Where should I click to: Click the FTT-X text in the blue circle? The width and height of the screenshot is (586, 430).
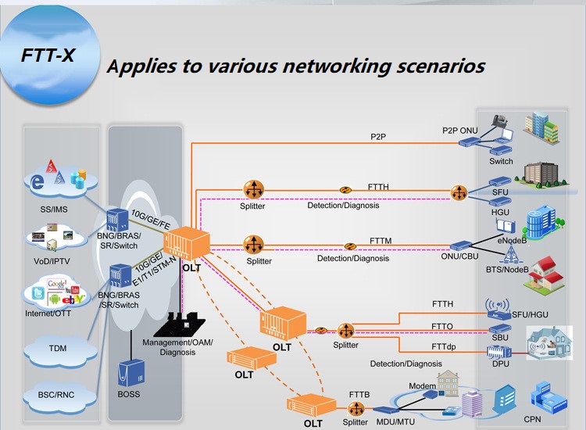(x=48, y=56)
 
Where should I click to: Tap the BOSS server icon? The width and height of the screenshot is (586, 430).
(x=130, y=373)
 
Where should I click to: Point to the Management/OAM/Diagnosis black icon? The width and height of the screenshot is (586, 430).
(x=180, y=324)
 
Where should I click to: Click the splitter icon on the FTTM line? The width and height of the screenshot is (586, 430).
(x=254, y=245)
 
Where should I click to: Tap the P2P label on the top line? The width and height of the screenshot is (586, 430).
(x=378, y=137)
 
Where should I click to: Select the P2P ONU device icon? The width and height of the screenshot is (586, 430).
(x=469, y=142)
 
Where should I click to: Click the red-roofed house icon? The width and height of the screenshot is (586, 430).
(x=544, y=275)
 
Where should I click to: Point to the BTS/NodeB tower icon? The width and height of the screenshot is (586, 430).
(x=510, y=254)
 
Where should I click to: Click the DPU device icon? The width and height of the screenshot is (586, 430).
(x=499, y=352)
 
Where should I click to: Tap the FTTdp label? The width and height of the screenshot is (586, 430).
(x=444, y=346)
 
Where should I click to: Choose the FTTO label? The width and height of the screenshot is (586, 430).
(x=442, y=327)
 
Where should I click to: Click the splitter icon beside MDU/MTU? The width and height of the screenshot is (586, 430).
(x=356, y=409)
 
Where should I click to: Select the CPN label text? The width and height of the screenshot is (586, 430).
(x=532, y=420)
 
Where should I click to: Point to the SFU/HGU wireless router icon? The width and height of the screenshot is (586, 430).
(x=498, y=309)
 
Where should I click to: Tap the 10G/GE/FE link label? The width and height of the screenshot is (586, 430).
(x=151, y=220)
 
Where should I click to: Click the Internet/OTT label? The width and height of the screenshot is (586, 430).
(x=48, y=314)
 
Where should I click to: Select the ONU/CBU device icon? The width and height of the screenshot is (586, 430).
(x=461, y=245)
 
